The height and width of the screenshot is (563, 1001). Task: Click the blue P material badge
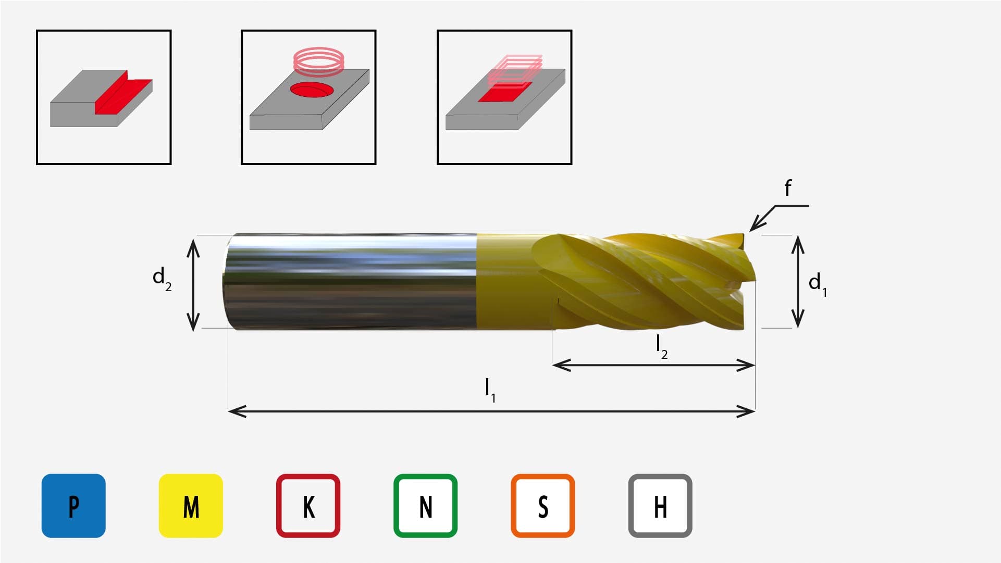click(73, 506)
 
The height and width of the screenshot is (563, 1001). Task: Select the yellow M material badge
click(191, 506)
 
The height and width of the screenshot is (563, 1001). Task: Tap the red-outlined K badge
click(308, 506)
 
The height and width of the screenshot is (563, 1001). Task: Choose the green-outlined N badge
click(425, 506)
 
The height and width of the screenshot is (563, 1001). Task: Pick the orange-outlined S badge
click(543, 506)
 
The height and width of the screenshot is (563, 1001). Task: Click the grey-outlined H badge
click(660, 506)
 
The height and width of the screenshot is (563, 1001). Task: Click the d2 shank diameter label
click(162, 279)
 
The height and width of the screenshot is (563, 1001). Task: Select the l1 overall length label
click(490, 390)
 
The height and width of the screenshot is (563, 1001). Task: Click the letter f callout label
click(788, 187)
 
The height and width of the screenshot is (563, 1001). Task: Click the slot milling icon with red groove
click(104, 97)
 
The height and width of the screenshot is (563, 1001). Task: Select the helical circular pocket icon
click(308, 97)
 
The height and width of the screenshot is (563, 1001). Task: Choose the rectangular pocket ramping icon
click(504, 97)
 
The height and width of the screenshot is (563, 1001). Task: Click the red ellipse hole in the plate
click(312, 90)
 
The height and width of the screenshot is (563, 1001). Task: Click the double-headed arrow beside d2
click(193, 284)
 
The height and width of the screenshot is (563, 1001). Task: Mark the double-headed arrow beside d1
click(798, 282)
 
